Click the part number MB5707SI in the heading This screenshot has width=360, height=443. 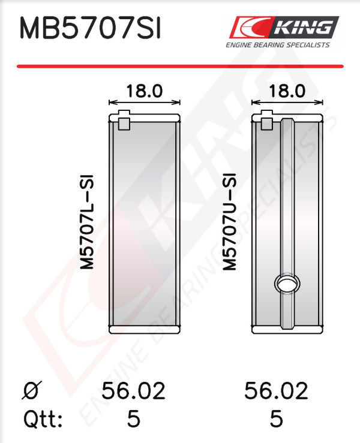pyautogui.click(x=90, y=28)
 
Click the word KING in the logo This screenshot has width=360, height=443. pyautogui.click(x=304, y=28)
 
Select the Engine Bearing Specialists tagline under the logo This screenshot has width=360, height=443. pyautogui.click(x=277, y=45)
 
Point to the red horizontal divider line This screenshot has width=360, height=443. pyautogui.click(x=180, y=67)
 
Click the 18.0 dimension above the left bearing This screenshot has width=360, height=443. pyautogui.click(x=144, y=91)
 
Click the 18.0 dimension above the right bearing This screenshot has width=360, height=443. pyautogui.click(x=287, y=91)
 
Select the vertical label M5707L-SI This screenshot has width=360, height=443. pyautogui.click(x=87, y=222)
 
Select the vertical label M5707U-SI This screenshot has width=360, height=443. pyautogui.click(x=229, y=222)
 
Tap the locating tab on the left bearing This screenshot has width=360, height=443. pyautogui.click(x=124, y=120)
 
